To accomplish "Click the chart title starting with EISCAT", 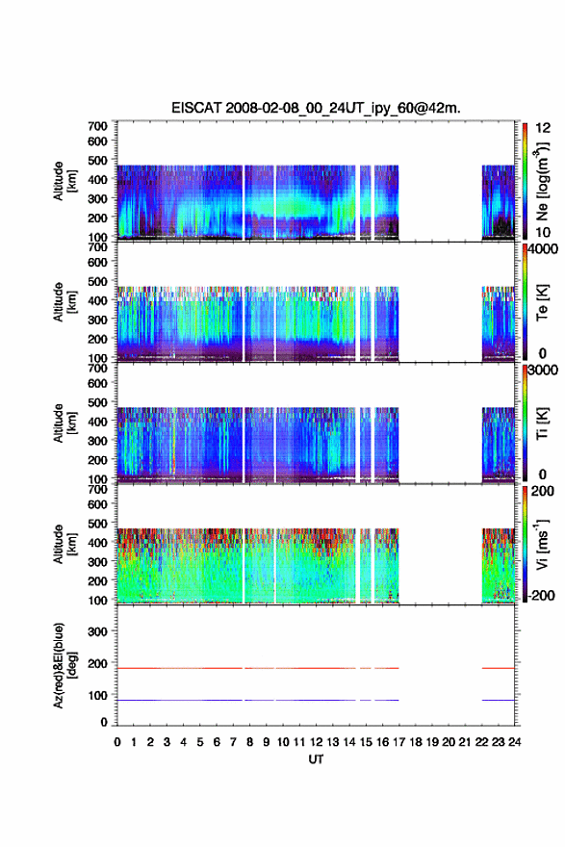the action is pos(316,108).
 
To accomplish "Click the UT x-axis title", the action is pos(316,759).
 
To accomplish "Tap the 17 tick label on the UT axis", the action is pos(398,742).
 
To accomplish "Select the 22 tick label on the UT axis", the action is pos(481,742).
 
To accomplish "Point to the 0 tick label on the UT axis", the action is pos(117,742).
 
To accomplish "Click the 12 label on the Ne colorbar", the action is pos(543,128).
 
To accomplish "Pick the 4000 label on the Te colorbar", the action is pos(543,250).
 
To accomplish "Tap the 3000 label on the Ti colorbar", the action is pos(543,371).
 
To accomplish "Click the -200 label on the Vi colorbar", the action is pos(540,595).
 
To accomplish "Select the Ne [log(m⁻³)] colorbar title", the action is pos(542,181).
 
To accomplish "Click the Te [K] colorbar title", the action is pos(542,302).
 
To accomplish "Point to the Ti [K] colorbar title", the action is pos(542,423).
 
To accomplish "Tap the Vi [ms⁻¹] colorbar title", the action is pos(542,544).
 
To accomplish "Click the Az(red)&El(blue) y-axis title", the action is pos(64,665).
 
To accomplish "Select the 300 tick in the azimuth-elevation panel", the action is pos(98,631).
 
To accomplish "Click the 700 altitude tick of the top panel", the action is pos(98,126).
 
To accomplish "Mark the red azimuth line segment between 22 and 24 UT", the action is pos(498,668).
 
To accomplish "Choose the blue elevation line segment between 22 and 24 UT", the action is pos(498,700).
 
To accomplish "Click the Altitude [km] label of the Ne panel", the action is pos(64,181).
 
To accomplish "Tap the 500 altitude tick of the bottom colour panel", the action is pos(98,524).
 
